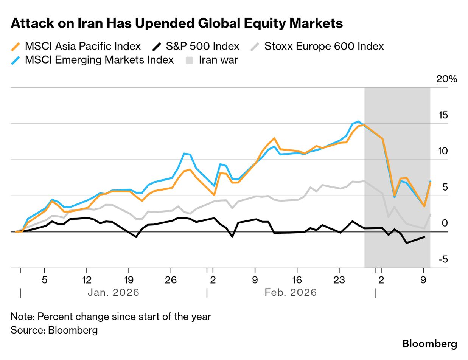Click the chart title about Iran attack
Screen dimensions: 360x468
point(177,24)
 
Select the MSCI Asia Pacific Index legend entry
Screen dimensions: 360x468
point(76,47)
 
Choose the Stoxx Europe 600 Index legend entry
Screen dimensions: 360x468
point(317,47)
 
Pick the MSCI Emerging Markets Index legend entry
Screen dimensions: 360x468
point(92,60)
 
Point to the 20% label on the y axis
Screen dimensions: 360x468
point(446,79)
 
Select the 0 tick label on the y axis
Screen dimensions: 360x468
point(445,223)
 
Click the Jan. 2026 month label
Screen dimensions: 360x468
point(113,292)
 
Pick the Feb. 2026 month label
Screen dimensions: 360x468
point(291,292)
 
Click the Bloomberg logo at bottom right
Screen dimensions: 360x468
point(429,344)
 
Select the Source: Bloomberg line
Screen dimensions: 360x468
point(54,330)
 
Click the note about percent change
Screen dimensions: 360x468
point(110,317)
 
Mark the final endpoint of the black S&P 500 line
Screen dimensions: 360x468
point(424,237)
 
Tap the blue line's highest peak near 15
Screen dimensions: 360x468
point(358,121)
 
